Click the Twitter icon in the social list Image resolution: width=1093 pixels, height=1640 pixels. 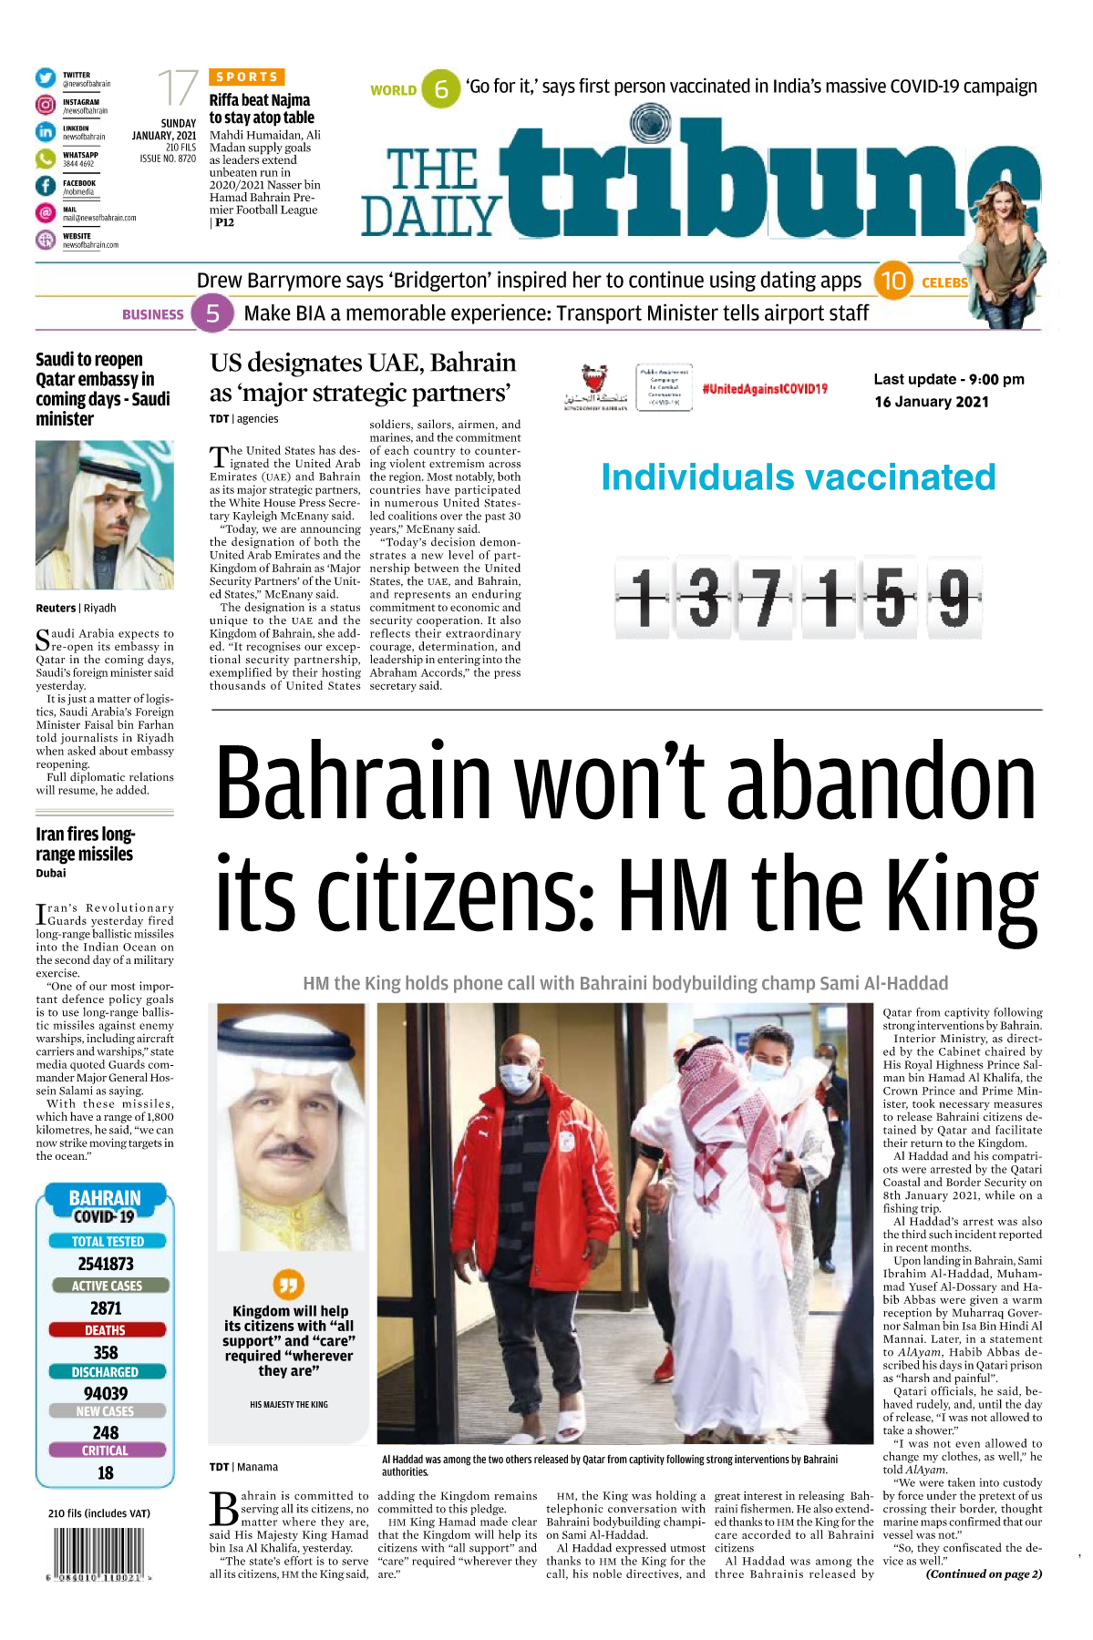[46, 78]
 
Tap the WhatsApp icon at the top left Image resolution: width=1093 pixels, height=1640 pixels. [46, 159]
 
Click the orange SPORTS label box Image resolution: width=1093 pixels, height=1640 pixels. [247, 77]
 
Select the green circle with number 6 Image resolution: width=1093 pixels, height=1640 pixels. [441, 89]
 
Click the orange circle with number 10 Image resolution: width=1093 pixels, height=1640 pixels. [892, 281]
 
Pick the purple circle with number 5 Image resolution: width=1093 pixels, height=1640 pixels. [212, 314]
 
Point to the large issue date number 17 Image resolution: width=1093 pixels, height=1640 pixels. [177, 88]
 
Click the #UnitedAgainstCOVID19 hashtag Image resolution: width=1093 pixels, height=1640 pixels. [765, 389]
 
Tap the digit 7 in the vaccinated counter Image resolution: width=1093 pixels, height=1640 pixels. [768, 598]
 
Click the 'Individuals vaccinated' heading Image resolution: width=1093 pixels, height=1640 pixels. [798, 477]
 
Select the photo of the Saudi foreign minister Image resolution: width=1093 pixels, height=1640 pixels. [104, 515]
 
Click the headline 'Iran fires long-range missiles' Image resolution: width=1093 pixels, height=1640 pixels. [85, 845]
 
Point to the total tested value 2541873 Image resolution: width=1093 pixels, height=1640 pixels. [106, 1264]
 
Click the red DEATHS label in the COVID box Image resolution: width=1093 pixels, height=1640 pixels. [106, 1330]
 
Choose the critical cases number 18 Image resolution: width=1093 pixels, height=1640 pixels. [106, 1473]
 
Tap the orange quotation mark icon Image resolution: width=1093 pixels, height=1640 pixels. [288, 1285]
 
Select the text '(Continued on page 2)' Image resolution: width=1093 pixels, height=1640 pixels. [984, 1573]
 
